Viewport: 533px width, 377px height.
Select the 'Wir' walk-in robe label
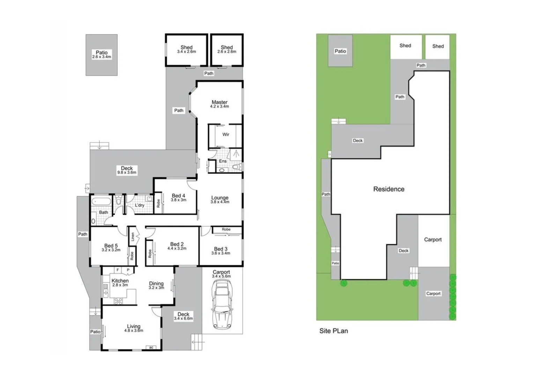click(x=226, y=134)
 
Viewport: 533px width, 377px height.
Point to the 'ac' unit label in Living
click(x=151, y=347)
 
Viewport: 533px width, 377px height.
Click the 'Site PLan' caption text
click(x=333, y=331)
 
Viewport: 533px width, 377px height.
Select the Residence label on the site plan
click(x=388, y=189)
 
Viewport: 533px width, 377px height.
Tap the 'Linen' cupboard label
click(x=133, y=237)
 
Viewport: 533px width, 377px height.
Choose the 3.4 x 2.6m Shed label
click(x=186, y=49)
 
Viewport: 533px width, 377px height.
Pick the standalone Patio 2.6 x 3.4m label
click(x=102, y=54)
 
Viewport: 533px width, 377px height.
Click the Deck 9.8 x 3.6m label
click(x=127, y=170)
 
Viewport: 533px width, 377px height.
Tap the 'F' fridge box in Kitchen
click(x=118, y=270)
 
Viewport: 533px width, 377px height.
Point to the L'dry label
click(x=140, y=205)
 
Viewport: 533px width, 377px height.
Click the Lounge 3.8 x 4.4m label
click(x=220, y=199)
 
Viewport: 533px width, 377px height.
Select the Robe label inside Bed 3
click(x=226, y=229)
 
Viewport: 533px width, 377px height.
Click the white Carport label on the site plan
click(x=433, y=239)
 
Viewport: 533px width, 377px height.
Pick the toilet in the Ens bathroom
click(x=237, y=168)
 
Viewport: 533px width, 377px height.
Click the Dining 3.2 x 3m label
click(x=156, y=285)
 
